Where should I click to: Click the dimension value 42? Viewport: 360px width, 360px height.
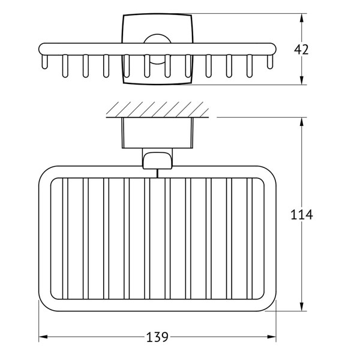[x=301, y=50]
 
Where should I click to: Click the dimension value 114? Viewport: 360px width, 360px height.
[x=302, y=215]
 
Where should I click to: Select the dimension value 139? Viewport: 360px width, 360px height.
[x=157, y=337]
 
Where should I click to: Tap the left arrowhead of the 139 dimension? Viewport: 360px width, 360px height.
[x=43, y=337]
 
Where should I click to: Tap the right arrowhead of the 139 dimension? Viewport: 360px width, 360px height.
[x=272, y=337]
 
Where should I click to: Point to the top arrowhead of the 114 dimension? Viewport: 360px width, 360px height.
[x=302, y=122]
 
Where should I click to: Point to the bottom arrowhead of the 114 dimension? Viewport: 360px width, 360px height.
[x=302, y=307]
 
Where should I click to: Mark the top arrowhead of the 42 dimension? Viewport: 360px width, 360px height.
[x=302, y=18]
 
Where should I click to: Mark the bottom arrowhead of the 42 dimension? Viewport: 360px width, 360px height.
[x=302, y=80]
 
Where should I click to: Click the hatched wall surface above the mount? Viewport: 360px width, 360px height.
[x=157, y=110]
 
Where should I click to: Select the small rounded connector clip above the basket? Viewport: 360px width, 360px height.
[x=157, y=160]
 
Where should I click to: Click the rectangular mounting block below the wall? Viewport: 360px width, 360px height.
[x=157, y=133]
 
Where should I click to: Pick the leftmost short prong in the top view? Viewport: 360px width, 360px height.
[x=44, y=62]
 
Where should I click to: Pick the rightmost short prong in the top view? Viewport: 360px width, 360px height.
[x=270, y=62]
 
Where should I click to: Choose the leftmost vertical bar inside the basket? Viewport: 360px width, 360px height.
[x=65, y=239]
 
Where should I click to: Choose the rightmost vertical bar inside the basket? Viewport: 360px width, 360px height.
[x=250, y=239]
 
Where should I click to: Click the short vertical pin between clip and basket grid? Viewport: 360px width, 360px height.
[x=157, y=173]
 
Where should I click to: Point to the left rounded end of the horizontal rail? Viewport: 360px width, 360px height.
[x=41, y=49]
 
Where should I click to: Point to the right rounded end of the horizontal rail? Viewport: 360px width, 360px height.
[x=273, y=49]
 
